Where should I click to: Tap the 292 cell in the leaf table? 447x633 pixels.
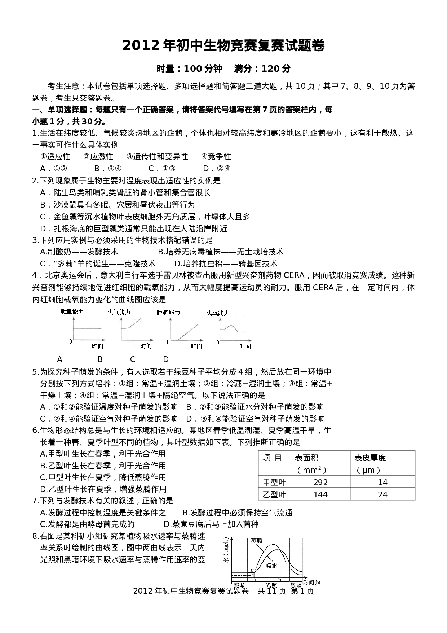(320, 482)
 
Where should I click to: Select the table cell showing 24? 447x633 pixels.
(382, 494)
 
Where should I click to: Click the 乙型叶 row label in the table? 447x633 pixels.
(274, 494)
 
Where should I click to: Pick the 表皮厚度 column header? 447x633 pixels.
(370, 458)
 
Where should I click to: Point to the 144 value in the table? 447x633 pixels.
(320, 494)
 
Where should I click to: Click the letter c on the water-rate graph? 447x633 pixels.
(252, 570)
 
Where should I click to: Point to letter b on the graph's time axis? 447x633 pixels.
(280, 579)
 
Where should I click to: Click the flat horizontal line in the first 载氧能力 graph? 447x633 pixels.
(87, 328)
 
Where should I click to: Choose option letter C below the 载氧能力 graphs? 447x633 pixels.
(133, 359)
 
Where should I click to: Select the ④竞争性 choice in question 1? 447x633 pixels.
(216, 157)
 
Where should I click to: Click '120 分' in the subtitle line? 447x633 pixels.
(276, 68)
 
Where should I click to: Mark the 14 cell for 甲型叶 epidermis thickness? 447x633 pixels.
(382, 482)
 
